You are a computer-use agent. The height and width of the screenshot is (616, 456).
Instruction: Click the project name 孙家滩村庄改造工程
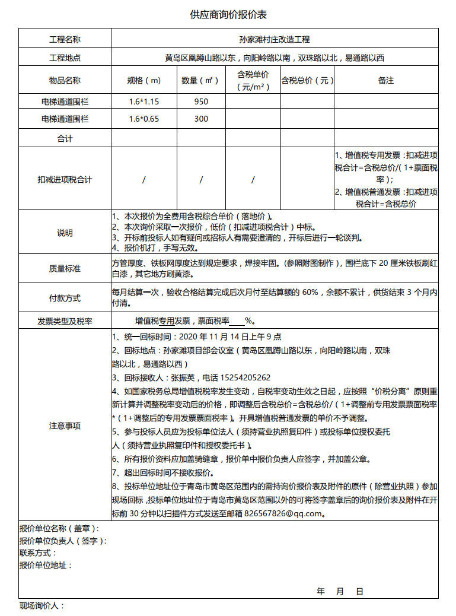275,40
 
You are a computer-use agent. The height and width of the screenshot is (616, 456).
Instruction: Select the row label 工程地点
65,58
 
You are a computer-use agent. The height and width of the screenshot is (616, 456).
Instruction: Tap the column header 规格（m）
144,80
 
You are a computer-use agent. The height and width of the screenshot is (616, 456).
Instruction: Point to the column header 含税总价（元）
307,80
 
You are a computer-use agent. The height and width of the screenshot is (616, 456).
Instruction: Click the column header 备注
386,80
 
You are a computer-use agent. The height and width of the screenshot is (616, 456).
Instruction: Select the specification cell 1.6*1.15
144,101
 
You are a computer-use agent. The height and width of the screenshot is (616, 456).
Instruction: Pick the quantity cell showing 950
201,101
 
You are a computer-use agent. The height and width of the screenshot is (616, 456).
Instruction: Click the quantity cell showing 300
201,119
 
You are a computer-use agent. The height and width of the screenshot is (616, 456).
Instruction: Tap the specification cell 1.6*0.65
144,119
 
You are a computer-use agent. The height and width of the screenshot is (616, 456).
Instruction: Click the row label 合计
65,139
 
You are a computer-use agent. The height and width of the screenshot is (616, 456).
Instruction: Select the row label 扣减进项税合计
65,179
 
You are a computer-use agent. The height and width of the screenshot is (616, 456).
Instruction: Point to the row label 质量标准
65,269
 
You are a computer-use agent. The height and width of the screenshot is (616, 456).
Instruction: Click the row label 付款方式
65,299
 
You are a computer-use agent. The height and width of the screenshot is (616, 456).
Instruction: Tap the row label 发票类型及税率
65,321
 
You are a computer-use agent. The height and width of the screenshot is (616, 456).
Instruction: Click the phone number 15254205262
245,377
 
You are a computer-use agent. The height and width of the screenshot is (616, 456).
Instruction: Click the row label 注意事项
65,426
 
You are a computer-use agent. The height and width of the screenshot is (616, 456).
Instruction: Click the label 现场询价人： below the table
42,606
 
